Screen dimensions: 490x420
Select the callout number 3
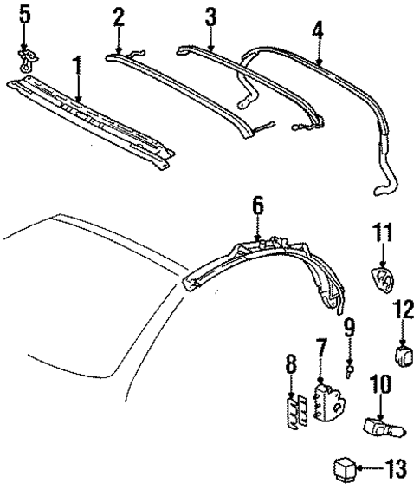210,16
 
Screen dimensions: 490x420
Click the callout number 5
24,15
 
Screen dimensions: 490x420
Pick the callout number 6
257,206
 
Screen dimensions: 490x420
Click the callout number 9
348,330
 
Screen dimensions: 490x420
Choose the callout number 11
384,233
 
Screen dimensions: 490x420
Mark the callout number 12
404,310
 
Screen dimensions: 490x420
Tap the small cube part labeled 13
345,470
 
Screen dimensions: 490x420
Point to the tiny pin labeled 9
348,368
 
